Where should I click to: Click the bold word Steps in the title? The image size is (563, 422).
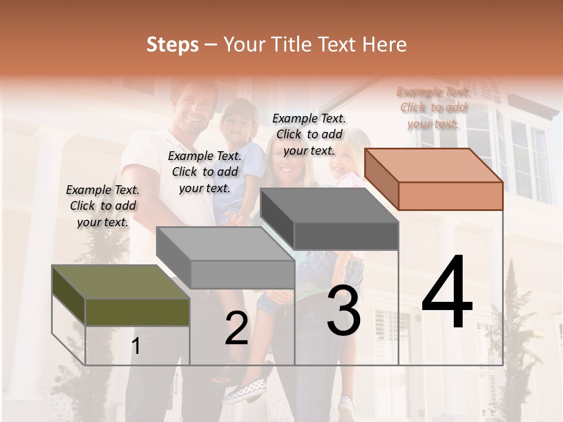(x=172, y=45)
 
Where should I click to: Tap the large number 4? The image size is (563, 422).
(x=447, y=292)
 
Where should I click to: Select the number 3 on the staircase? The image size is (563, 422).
(x=344, y=311)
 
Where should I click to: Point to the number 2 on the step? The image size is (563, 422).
(x=236, y=328)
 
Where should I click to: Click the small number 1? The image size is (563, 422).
(x=136, y=346)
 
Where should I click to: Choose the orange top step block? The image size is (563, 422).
(x=434, y=179)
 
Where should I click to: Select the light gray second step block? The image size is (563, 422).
(x=225, y=257)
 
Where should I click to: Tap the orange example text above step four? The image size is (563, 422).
(x=433, y=107)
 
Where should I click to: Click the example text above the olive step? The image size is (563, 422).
(x=103, y=206)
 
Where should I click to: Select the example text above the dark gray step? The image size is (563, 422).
(x=309, y=134)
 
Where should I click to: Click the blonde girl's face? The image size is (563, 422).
(x=344, y=158)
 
